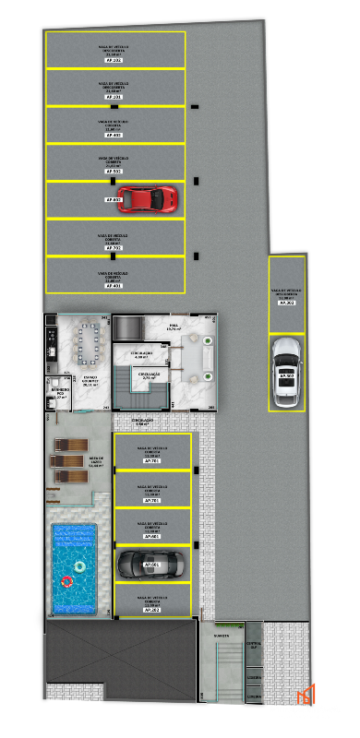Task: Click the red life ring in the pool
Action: pos(67,582)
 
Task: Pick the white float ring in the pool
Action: pos(80,565)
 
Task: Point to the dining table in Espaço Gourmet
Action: pos(90,341)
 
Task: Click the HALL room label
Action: pos(173,326)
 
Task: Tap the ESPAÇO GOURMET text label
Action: pos(90,381)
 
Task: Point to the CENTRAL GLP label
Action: pos(254,645)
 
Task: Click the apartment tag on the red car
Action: pos(113,199)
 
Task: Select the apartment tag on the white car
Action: pos(287,375)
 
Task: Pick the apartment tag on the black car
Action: pos(151,565)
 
